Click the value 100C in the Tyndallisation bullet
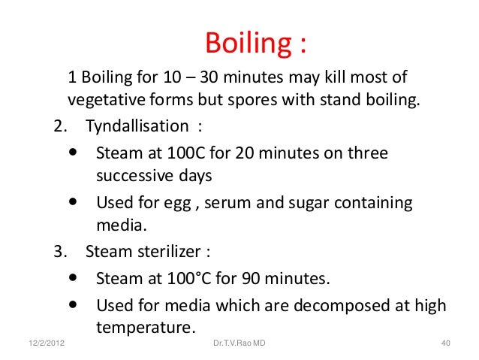point(191,154)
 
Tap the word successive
point(131,176)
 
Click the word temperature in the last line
point(144,328)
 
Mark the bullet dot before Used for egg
point(73,201)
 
